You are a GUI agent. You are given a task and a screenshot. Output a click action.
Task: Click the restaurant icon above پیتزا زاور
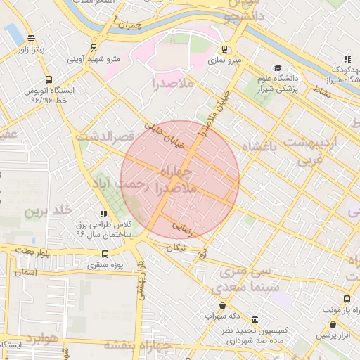point(31,38)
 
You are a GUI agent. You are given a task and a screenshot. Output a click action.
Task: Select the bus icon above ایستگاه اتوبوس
point(48,79)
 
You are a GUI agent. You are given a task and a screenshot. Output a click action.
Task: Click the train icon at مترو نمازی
point(224,49)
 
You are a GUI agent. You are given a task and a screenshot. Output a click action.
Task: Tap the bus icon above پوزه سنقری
point(105,255)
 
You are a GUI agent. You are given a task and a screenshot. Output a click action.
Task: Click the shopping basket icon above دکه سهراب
point(223,306)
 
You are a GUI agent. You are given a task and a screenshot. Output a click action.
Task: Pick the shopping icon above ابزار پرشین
point(333,324)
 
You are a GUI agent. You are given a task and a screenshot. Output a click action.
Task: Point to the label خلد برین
point(49,210)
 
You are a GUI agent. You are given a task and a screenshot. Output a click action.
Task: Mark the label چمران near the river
point(130,25)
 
